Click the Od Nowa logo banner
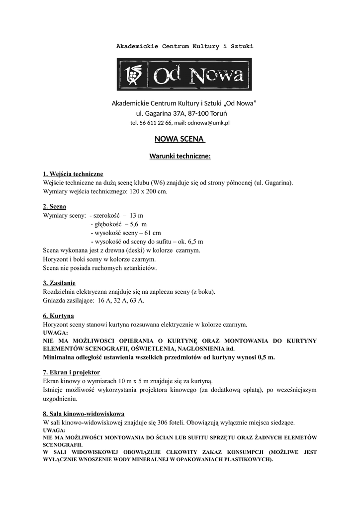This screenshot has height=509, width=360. coord(184,75)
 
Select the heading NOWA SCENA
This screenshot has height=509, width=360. coord(180,140)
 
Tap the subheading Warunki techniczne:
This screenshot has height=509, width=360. coord(180,156)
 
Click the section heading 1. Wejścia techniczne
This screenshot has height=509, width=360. coord(73,174)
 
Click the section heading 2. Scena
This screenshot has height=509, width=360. coord(55,206)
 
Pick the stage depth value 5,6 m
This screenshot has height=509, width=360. coord(131,224)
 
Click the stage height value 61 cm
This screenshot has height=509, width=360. coord(153,233)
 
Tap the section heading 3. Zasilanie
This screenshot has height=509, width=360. coord(59,283)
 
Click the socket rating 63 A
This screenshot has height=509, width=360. coord(137,300)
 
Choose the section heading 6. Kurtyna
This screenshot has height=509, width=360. coord(59,316)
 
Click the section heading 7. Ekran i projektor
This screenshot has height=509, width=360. coord(72,372)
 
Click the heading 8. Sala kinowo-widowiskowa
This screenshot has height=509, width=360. coord(84,414)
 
